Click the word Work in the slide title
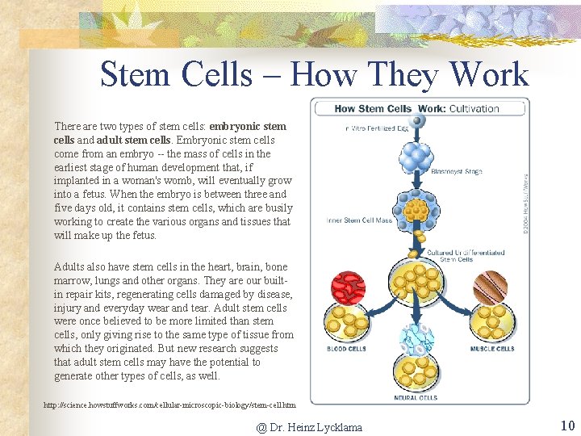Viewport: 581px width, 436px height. (489, 75)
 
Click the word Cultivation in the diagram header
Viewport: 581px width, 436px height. (474, 108)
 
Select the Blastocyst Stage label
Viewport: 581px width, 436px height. (456, 170)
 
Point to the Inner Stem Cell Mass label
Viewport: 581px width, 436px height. (359, 220)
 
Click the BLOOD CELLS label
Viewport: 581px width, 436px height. (346, 349)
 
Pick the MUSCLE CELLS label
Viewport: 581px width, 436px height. (491, 349)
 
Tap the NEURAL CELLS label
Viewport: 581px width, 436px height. (416, 397)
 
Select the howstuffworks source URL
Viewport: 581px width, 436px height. (169, 405)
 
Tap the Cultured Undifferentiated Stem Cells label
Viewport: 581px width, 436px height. (477, 256)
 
